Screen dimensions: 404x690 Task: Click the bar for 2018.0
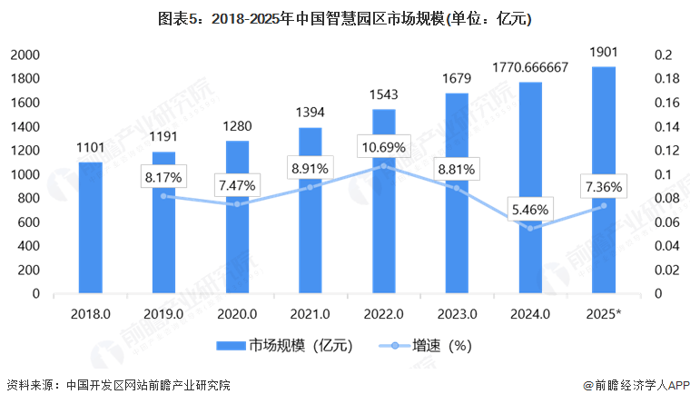tap(90, 227)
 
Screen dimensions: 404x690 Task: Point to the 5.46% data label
tap(530, 209)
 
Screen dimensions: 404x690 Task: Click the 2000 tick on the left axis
tap(25, 54)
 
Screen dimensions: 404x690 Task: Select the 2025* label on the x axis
tap(604, 313)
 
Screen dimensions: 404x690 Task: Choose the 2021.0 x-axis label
tap(310, 313)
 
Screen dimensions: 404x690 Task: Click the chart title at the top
tap(345, 17)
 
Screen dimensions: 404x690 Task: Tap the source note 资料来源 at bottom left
tap(118, 386)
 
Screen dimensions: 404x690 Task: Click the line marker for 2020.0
tap(237, 204)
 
